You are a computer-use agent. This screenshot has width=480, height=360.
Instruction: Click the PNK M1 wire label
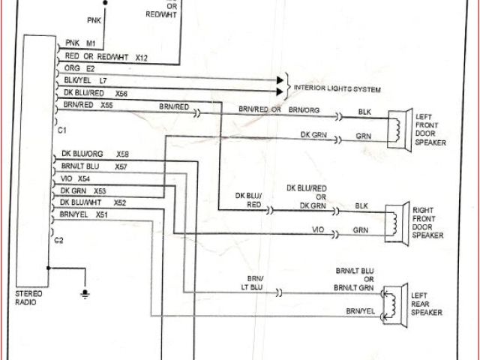coord(80,43)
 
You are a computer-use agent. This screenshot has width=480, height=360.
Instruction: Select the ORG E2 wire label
coord(78,67)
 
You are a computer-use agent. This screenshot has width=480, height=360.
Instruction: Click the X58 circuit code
coord(123,153)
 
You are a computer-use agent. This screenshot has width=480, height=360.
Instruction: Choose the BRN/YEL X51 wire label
coord(84,214)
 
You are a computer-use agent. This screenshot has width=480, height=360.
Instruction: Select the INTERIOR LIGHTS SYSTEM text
coord(337,90)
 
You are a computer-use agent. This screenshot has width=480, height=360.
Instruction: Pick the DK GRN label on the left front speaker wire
coord(313,135)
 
